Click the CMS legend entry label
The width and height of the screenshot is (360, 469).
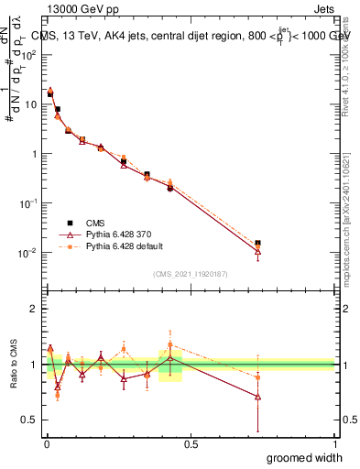coord(96,223)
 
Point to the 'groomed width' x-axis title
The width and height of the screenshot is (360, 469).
coord(305,457)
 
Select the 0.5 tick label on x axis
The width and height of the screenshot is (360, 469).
coord(191,443)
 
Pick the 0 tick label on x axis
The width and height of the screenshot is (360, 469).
coord(46,443)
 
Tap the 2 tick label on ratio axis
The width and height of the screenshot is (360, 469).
coord(34,309)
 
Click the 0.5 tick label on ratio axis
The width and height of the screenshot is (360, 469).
coord(30,420)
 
